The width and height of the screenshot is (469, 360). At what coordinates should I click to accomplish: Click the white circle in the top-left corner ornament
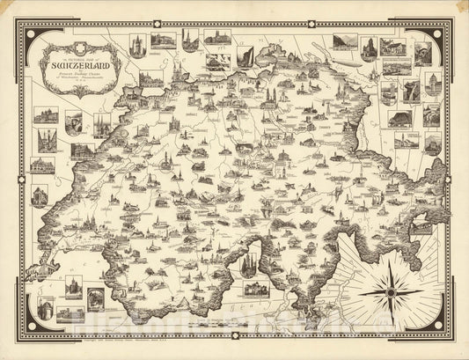point(32,33)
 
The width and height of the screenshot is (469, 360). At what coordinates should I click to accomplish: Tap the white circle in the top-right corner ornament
point(437,33)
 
